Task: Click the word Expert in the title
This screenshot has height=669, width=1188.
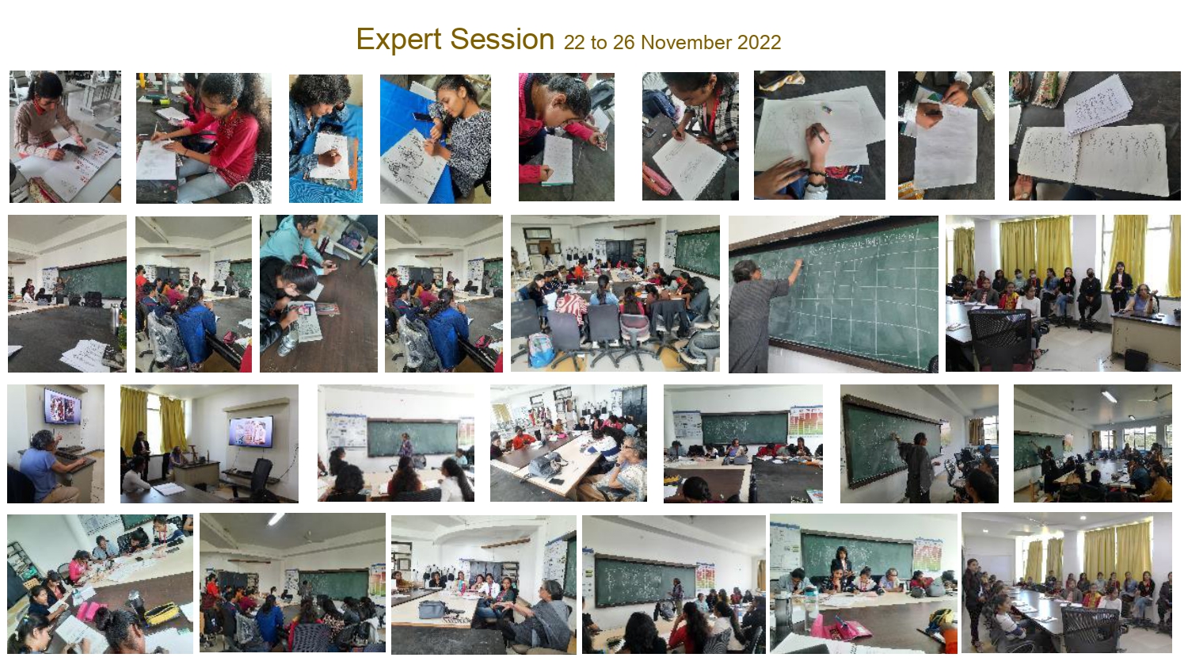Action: click(x=398, y=40)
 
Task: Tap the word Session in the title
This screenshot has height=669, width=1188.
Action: click(x=502, y=40)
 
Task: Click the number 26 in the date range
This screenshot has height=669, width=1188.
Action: click(x=624, y=43)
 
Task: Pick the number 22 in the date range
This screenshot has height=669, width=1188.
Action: click(x=574, y=43)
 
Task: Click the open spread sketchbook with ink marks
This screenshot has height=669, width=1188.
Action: click(x=1092, y=159)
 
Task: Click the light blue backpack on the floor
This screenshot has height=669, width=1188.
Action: click(x=540, y=350)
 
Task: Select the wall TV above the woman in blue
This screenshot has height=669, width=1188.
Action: click(x=63, y=406)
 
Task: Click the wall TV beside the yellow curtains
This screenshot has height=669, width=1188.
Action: click(x=251, y=430)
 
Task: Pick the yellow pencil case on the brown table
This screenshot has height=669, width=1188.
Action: click(x=162, y=614)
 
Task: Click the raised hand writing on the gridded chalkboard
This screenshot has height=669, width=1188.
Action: click(x=798, y=264)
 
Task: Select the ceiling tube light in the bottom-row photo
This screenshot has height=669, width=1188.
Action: click(x=276, y=518)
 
